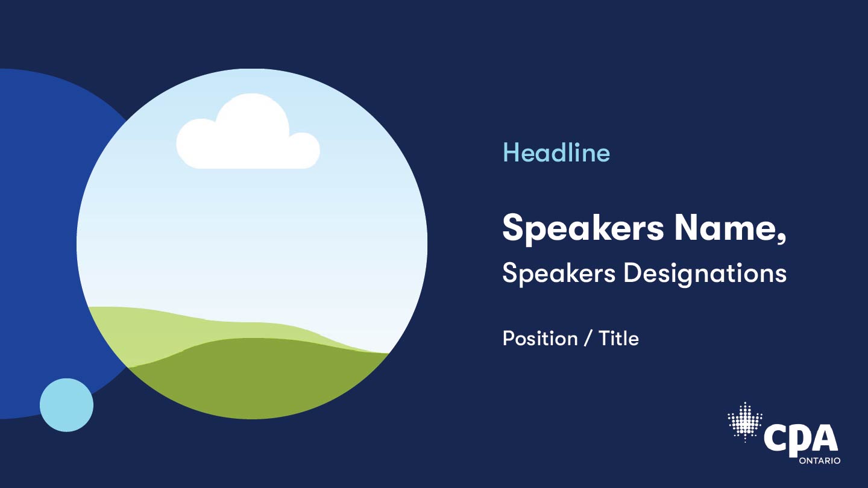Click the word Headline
[556, 152]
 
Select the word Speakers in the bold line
[583, 228]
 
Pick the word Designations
[705, 274]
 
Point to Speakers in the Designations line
[559, 273]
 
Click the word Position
[540, 338]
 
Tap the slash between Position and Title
[588, 338]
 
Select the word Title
[618, 338]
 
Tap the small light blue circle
[67, 405]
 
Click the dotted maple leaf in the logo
[745, 422]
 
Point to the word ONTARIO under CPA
[820, 461]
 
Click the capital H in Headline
[511, 152]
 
